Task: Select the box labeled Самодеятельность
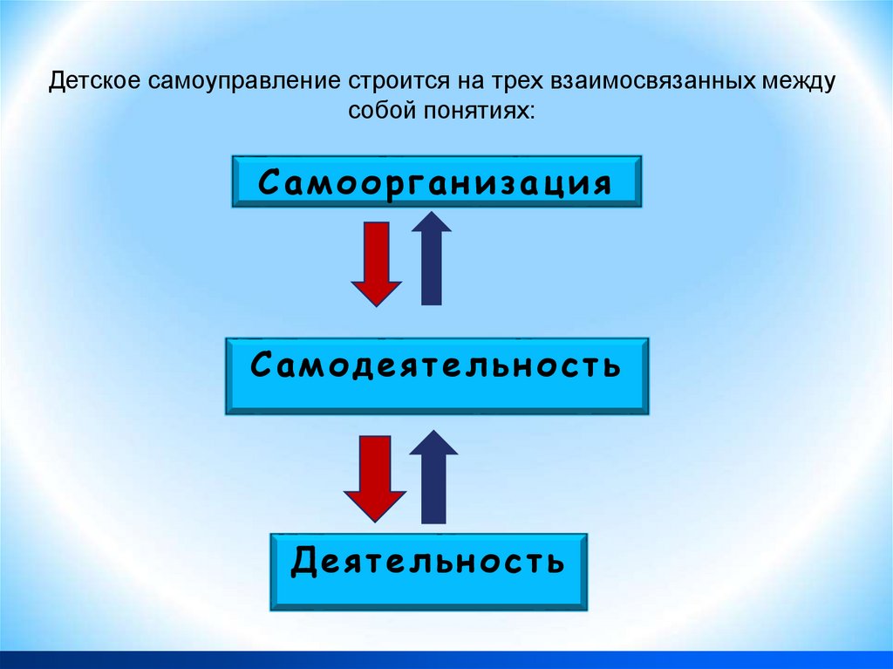point(436,375)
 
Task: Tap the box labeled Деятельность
point(428,570)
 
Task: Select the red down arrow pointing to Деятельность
point(375,478)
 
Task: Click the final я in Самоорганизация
point(598,184)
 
